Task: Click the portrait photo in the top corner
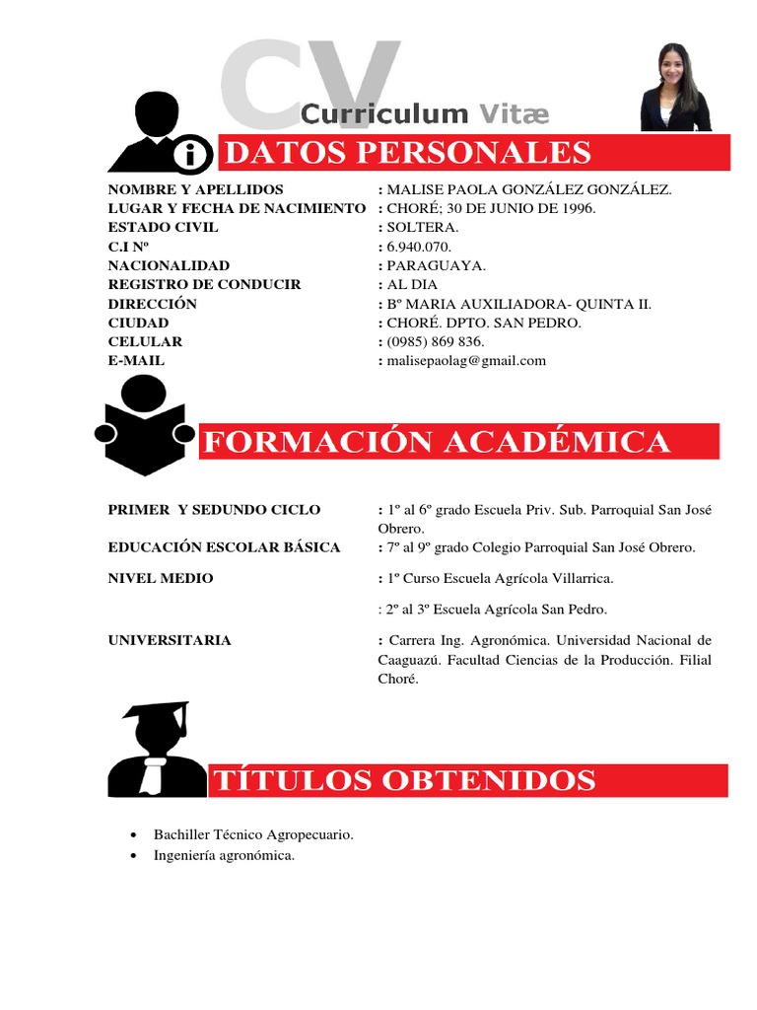coord(675,88)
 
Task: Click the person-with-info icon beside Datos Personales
coord(158,134)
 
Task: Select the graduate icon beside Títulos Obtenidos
coord(156,751)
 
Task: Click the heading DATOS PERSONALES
coord(406,153)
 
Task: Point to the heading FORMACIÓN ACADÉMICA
coord(436,442)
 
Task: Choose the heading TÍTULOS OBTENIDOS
coord(404,780)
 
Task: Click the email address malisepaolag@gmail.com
coord(466,361)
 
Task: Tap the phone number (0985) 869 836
coord(436,341)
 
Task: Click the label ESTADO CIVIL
coord(163,227)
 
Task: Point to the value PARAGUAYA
coord(437,265)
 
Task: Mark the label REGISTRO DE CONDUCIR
coord(204,284)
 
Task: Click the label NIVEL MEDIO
coord(161,578)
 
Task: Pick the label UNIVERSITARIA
coord(170,640)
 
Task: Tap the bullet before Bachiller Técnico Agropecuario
coord(133,834)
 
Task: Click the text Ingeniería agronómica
coord(224,855)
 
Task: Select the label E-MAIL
coord(136,361)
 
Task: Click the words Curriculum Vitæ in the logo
coord(425,114)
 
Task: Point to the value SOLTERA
coord(423,227)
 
